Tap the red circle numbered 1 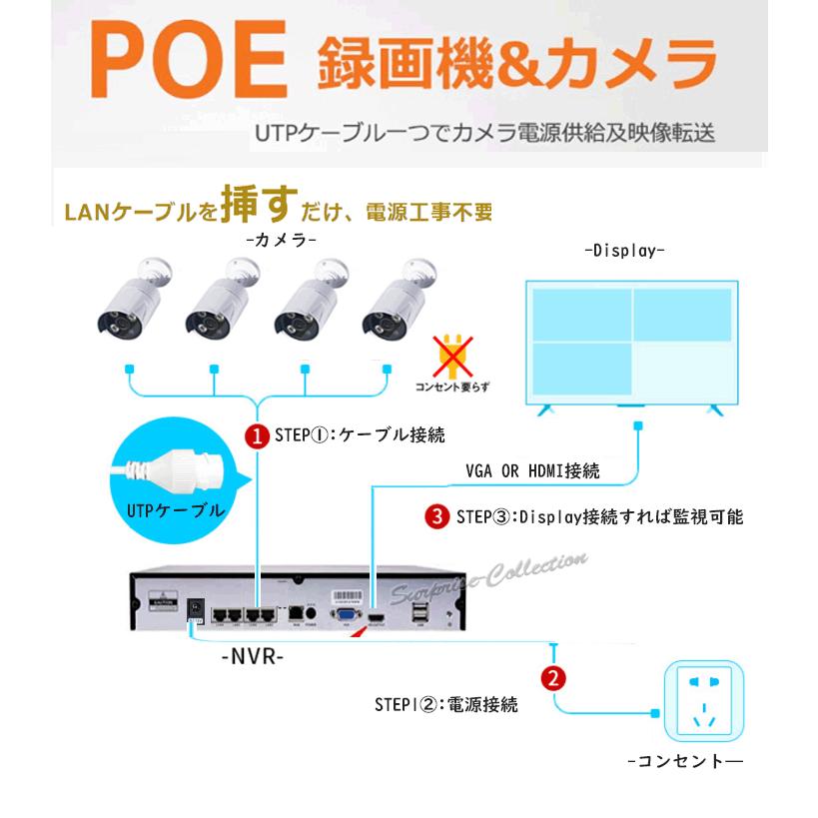[258, 435]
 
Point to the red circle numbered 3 [435, 516]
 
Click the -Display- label [624, 251]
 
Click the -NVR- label [252, 657]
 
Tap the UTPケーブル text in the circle [176, 509]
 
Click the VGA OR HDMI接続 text [532, 470]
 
